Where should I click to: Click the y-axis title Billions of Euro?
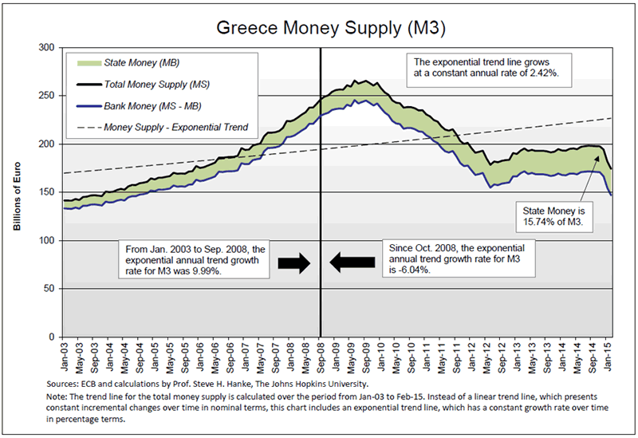point(17,192)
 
